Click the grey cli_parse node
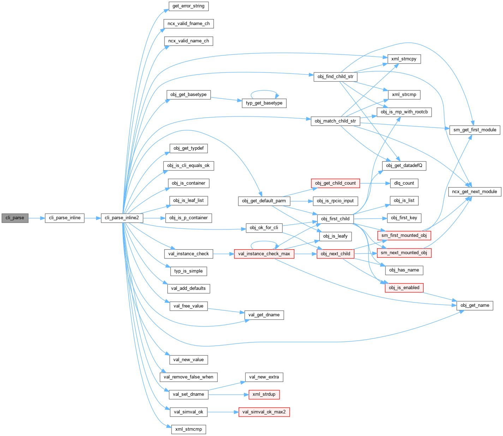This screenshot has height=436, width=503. (x=15, y=218)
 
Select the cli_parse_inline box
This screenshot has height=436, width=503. (x=65, y=218)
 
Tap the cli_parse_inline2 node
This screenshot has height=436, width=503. (x=122, y=218)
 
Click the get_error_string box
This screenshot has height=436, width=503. (x=188, y=6)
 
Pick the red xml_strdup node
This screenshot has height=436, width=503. (x=264, y=394)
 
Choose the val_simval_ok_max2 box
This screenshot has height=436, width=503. (x=264, y=412)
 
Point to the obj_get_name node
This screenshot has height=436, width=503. (x=475, y=305)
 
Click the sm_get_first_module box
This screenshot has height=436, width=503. (x=475, y=130)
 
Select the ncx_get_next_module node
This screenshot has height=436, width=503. (x=475, y=192)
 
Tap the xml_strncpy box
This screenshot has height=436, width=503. (x=404, y=59)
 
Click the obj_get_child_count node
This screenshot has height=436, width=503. (x=335, y=183)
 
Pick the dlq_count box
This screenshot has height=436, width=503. (x=404, y=183)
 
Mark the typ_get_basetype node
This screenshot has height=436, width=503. (x=264, y=103)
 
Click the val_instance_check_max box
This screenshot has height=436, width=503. (x=264, y=253)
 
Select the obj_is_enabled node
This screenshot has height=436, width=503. (x=404, y=288)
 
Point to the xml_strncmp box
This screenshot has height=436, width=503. (x=188, y=429)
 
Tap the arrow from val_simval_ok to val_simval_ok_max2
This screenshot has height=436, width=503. (x=223, y=412)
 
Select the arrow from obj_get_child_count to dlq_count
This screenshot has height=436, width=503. (x=375, y=183)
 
